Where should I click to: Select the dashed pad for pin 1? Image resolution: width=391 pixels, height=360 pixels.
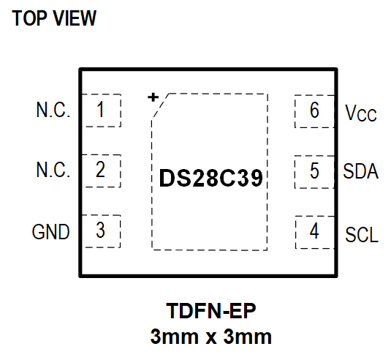pyautogui.click(x=100, y=110)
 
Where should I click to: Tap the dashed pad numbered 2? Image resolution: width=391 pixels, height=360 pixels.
pyautogui.click(x=100, y=170)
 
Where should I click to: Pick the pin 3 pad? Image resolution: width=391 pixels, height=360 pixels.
pyautogui.click(x=100, y=230)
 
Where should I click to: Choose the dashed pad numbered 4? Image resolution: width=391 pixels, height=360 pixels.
pyautogui.click(x=314, y=231)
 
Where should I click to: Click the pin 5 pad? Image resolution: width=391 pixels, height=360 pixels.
pyautogui.click(x=314, y=171)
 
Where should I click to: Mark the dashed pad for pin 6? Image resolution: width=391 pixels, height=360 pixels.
pyautogui.click(x=314, y=110)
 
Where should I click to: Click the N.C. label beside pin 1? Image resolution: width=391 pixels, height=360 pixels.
pyautogui.click(x=53, y=111)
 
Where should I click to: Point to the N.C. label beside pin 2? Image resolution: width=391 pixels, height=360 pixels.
pyautogui.click(x=53, y=171)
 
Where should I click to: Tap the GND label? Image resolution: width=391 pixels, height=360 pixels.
pyautogui.click(x=50, y=233)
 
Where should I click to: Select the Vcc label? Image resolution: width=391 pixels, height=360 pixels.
pyautogui.click(x=360, y=113)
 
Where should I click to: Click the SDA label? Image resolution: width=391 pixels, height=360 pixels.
pyautogui.click(x=361, y=172)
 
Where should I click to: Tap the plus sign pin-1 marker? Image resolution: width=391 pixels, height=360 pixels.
pyautogui.click(x=153, y=97)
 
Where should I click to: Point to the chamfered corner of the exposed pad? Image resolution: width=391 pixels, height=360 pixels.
pyautogui.click(x=160, y=107)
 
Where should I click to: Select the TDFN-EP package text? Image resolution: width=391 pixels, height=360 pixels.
pyautogui.click(x=211, y=312)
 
